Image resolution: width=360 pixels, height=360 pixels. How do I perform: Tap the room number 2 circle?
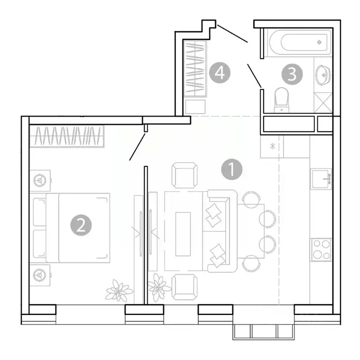(x=81, y=225)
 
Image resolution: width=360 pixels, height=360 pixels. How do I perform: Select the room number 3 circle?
(x=292, y=75)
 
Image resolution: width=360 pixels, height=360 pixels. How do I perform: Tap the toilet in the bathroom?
(x=282, y=98)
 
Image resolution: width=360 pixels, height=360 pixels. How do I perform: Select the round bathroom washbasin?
(x=323, y=75)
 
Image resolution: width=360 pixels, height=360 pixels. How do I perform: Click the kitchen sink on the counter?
(x=321, y=179)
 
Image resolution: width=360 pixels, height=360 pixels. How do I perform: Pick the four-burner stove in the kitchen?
(x=321, y=249)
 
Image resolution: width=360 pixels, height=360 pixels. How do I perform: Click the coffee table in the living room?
(x=183, y=233)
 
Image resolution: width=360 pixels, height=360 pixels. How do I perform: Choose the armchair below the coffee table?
(x=185, y=287)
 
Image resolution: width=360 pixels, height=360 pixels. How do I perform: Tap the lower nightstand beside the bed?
(x=41, y=274)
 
